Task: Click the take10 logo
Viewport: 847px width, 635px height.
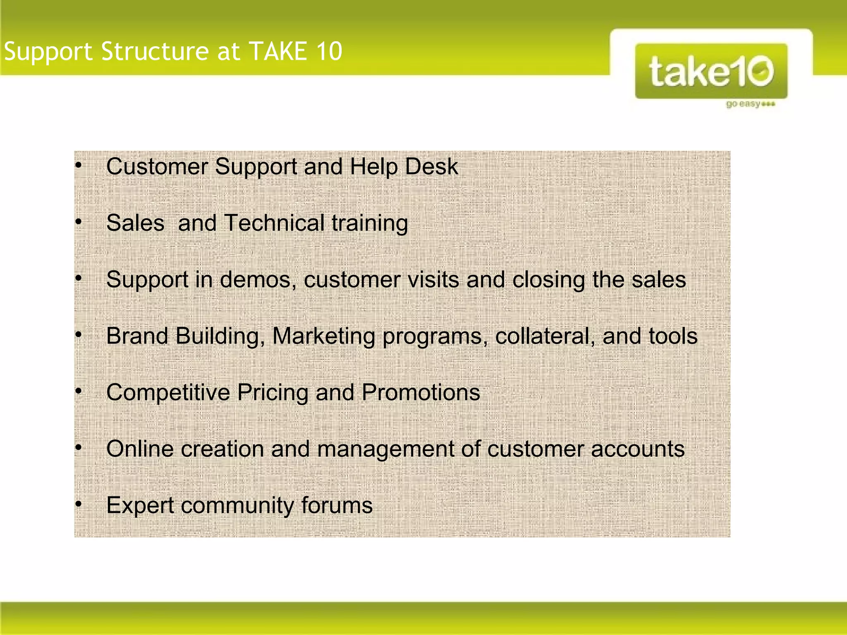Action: tap(711, 71)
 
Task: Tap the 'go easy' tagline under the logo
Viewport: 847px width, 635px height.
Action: tap(750, 104)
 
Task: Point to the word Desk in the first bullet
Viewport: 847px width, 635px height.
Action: tap(431, 167)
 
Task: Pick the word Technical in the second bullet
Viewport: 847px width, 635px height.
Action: tap(274, 223)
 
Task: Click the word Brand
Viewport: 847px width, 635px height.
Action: tap(137, 336)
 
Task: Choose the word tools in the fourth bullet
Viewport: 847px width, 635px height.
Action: tap(673, 336)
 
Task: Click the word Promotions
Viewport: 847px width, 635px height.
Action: tap(421, 392)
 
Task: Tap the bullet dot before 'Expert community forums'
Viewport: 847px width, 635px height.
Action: tap(79, 504)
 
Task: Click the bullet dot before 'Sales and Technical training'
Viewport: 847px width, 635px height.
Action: tap(79, 222)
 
